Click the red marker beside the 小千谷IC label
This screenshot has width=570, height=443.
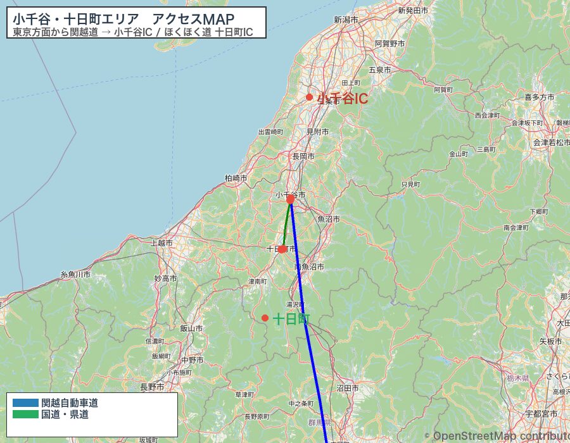[309, 97]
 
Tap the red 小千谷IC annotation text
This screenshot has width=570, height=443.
[343, 99]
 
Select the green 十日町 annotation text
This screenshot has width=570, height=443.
[291, 319]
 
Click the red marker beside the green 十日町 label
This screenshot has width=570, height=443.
[265, 318]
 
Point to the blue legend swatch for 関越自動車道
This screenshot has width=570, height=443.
[25, 402]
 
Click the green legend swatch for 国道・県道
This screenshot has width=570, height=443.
[25, 415]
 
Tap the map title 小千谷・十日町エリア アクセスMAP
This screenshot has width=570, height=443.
[123, 19]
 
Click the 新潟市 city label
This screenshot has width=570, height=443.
[346, 20]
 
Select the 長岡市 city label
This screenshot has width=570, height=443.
[303, 156]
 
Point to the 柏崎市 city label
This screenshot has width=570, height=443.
[236, 178]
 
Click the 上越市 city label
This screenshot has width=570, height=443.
[162, 242]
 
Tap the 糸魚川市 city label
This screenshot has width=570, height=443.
[75, 274]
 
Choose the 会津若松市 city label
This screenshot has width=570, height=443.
[550, 142]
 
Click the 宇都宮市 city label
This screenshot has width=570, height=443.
[541, 414]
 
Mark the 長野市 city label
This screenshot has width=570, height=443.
[152, 387]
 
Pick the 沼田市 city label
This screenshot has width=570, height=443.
[348, 388]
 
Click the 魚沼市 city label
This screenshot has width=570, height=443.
[329, 218]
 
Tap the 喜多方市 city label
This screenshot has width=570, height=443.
[539, 97]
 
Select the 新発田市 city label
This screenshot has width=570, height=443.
[413, 11]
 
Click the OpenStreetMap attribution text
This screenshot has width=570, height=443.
[500, 436]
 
